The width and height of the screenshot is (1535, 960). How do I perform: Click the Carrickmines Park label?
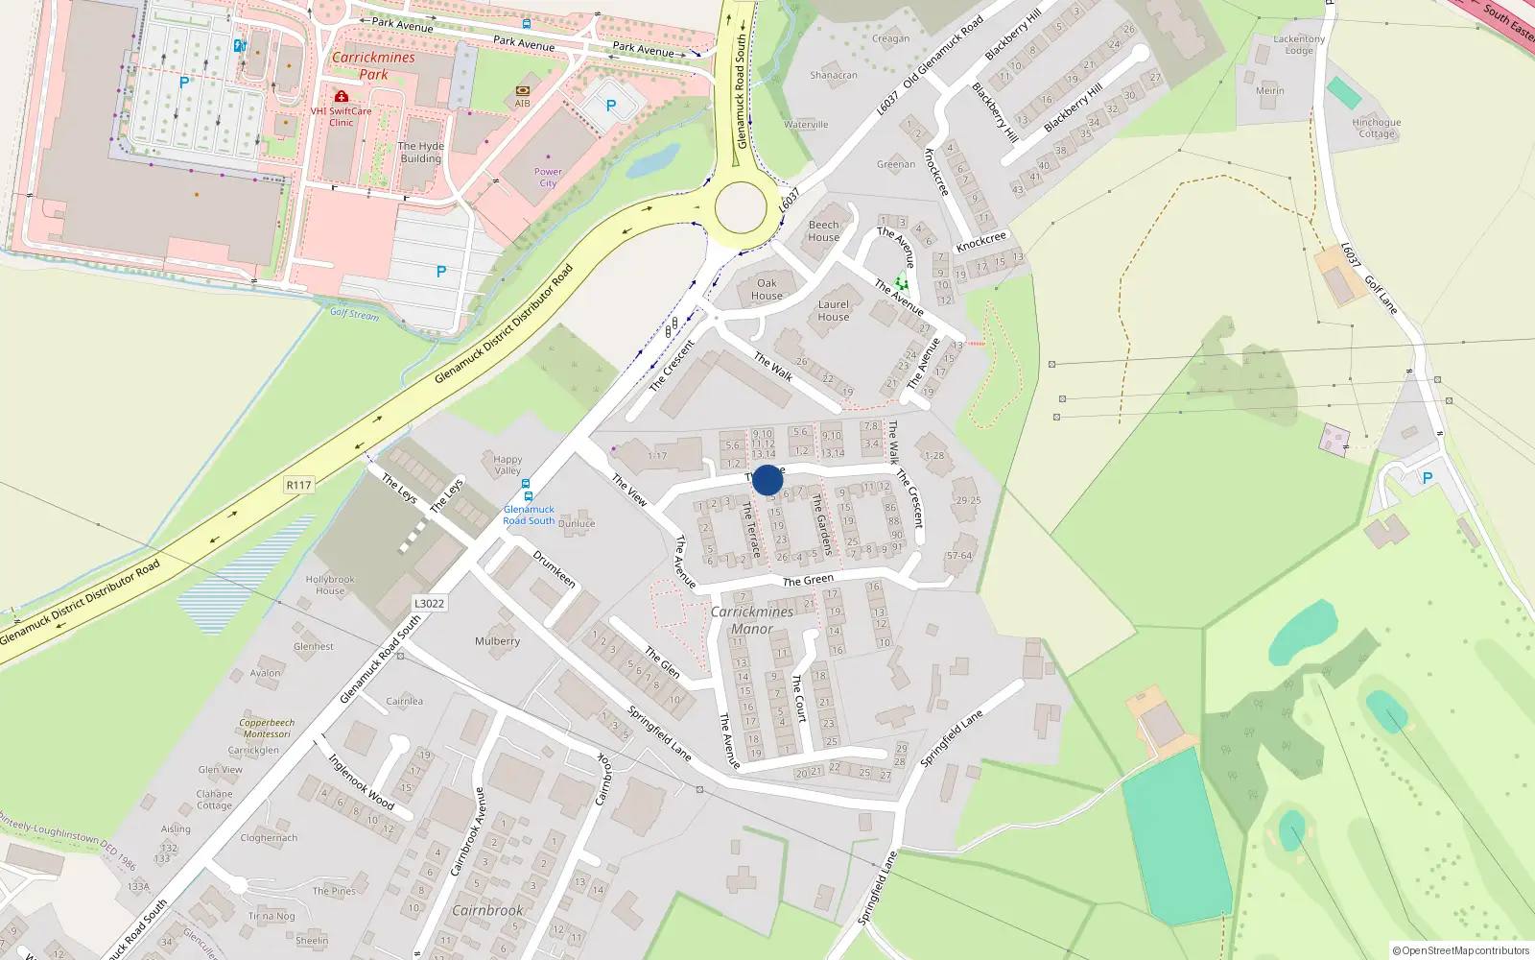pyautogui.click(x=373, y=65)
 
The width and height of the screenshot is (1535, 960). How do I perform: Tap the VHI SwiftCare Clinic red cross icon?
pyautogui.click(x=342, y=97)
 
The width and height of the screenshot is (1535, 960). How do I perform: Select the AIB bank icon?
pyautogui.click(x=523, y=91)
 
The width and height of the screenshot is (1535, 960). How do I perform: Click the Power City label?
pyautogui.click(x=548, y=178)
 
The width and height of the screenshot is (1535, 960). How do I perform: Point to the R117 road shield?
pyautogui.click(x=298, y=485)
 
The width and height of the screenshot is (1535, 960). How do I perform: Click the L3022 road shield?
pyautogui.click(x=429, y=604)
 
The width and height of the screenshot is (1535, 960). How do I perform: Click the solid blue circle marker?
pyautogui.click(x=767, y=480)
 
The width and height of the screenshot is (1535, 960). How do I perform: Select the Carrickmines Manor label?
pyautogui.click(x=752, y=620)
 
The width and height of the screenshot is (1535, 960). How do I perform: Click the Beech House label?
pyautogui.click(x=823, y=231)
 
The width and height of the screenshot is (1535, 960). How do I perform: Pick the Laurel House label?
pyautogui.click(x=833, y=311)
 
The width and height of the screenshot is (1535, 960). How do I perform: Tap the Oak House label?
pyautogui.click(x=767, y=289)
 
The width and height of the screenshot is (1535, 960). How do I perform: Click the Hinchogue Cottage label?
pyautogui.click(x=1377, y=129)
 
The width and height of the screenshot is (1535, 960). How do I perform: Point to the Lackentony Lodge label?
pyautogui.click(x=1299, y=45)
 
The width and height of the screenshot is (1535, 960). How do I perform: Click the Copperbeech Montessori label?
pyautogui.click(x=267, y=729)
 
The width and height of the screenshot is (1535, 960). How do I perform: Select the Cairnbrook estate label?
pyautogui.click(x=487, y=910)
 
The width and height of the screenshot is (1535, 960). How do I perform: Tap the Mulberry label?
pyautogui.click(x=497, y=641)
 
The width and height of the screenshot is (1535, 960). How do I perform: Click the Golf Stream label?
pyautogui.click(x=354, y=314)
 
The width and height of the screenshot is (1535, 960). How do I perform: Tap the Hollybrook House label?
pyautogui.click(x=330, y=585)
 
